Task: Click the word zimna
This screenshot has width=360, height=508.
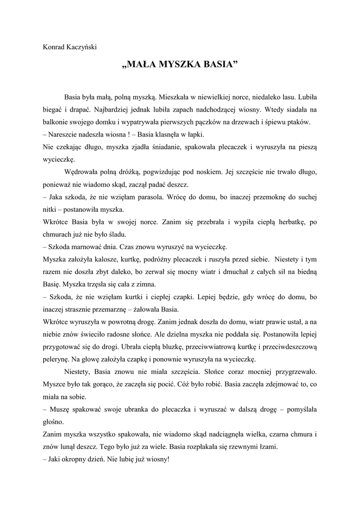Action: [145, 285]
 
